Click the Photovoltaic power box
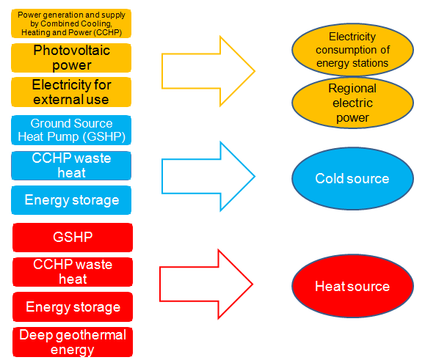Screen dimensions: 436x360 tap(71, 58)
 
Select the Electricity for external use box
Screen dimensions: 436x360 tap(71, 92)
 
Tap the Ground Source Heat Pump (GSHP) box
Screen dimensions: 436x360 tap(71, 130)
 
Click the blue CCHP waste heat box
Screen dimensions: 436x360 tap(71, 166)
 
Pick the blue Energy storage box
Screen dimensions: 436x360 tap(71, 200)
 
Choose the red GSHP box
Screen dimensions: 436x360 tap(73, 238)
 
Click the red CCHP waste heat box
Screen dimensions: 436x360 tap(73, 272)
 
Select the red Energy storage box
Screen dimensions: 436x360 tap(73, 306)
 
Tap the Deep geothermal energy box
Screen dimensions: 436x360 tap(73, 342)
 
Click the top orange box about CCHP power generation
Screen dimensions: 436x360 tap(71, 23)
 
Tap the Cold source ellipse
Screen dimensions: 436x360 tap(352, 178)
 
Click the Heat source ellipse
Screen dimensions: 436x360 tap(352, 286)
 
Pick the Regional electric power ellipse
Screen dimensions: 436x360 tap(352, 103)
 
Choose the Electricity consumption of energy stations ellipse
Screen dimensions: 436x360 tap(352, 50)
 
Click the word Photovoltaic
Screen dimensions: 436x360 tap(72, 51)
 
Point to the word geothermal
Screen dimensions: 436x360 tap(91, 335)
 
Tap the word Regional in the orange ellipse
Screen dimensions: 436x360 tap(352, 89)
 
